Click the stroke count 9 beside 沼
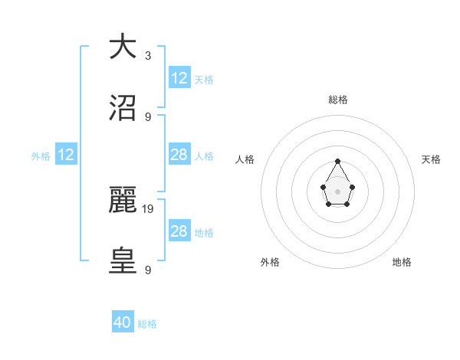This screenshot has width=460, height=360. coord(148,116)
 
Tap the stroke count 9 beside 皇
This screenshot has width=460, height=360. coord(148,270)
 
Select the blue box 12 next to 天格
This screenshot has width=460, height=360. coord(179,77)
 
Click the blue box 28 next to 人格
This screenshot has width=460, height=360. coord(179,155)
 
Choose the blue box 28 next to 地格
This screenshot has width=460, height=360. coord(179,231)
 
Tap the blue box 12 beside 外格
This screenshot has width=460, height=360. coord(66,155)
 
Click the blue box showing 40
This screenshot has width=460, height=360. coord(123,322)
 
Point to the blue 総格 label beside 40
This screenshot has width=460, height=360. coord(147,324)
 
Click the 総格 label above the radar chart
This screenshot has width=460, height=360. coord(338,100)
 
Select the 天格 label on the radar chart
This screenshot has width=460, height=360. coord(432,159)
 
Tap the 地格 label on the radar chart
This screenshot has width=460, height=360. coord(402,263)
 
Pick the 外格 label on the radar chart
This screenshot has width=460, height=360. coord(270,263)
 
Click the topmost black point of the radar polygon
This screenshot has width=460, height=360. coord(337,161)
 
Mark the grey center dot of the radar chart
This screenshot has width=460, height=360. coord(337,190)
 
